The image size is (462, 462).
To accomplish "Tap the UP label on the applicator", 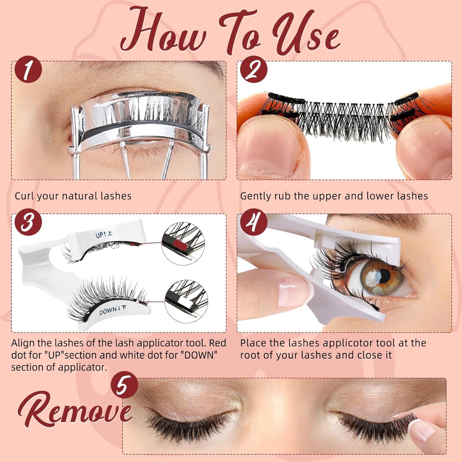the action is point(104,235).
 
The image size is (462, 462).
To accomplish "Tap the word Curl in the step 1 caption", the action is point(25,196).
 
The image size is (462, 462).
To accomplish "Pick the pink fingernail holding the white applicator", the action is point(289,285).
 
